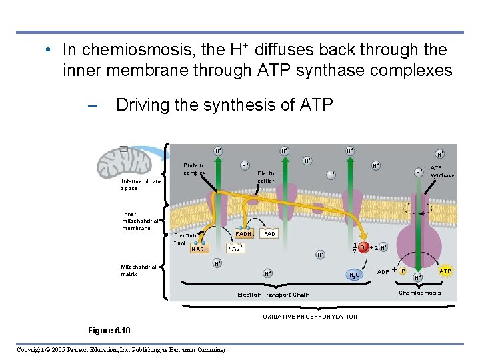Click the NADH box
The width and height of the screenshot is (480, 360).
coord(200,249)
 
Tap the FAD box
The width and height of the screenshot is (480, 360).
coord(269,235)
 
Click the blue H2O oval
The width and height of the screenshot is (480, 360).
coord(354,275)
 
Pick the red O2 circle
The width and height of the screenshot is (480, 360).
coord(363,247)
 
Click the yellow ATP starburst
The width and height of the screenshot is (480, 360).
coord(445,271)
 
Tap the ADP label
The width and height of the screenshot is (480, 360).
coord(383,272)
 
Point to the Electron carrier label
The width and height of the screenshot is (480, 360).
coord(269,177)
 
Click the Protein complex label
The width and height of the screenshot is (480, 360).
coord(195,169)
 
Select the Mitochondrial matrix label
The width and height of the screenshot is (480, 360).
coord(139,270)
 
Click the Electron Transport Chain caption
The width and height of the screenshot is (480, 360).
coord(273,295)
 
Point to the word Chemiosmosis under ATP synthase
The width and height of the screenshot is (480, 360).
coord(419,293)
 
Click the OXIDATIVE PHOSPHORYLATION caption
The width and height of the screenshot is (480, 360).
coord(309,317)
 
